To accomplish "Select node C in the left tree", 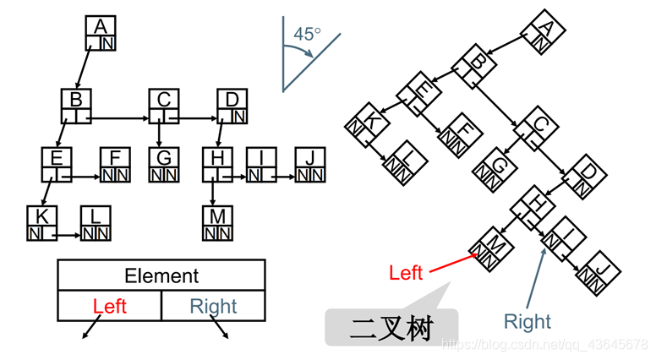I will click(x=163, y=106).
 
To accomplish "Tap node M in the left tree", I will click(x=216, y=221).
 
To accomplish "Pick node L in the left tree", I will click(x=95, y=222).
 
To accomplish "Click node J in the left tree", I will click(x=310, y=164).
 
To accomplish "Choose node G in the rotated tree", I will click(x=495, y=166).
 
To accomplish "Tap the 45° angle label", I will click(x=306, y=35).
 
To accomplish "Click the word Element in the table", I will click(x=161, y=275).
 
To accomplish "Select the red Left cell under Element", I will click(x=109, y=306).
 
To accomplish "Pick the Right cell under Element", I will click(x=213, y=306).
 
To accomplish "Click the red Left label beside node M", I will click(x=406, y=273).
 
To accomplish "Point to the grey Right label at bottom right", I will click(x=528, y=322).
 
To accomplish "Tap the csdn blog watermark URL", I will click(x=546, y=345).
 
